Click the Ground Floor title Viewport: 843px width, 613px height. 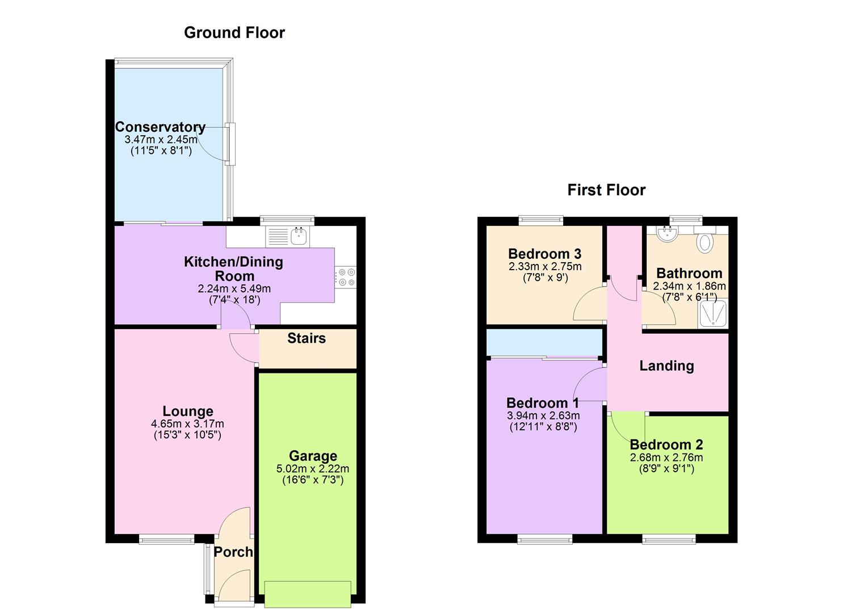[234, 33]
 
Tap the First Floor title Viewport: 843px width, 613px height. [606, 190]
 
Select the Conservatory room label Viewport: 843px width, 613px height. [160, 127]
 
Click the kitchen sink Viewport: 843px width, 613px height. [299, 236]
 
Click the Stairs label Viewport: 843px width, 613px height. [307, 338]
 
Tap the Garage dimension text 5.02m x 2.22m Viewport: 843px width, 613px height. [313, 469]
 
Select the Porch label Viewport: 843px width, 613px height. [233, 552]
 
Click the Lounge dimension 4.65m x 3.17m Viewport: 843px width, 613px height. [187, 424]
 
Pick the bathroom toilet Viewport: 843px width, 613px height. [705, 240]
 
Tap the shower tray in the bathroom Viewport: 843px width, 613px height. [712, 313]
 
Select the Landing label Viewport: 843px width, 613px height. [666, 366]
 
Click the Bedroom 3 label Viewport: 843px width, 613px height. [544, 254]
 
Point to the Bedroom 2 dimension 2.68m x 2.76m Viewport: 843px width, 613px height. [666, 457]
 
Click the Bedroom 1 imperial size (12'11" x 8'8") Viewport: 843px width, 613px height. [543, 427]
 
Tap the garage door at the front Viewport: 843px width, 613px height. [308, 594]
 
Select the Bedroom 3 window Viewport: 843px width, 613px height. [541, 220]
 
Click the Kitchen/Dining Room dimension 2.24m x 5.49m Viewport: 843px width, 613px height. [234, 289]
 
